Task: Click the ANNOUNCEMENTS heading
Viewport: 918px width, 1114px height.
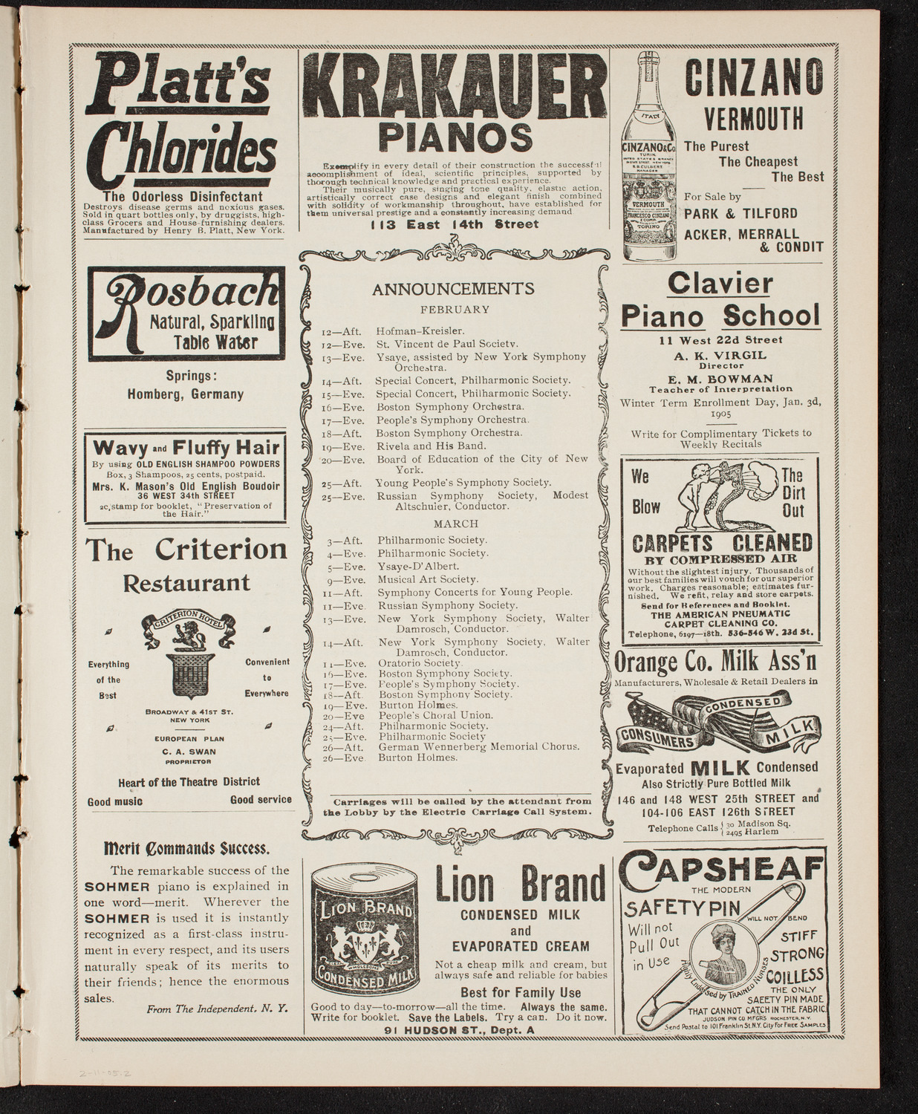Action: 454,289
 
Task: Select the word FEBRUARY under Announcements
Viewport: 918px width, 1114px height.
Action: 455,310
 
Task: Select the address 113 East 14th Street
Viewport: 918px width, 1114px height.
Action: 454,225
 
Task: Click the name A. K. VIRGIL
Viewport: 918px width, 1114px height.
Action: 720,355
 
